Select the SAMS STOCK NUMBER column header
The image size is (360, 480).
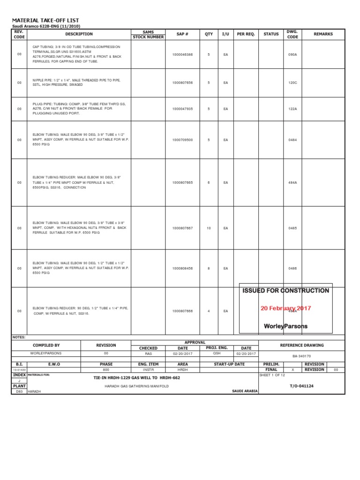pos(148,34)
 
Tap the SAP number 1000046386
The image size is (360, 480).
pos(182,55)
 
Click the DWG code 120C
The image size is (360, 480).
pos(292,82)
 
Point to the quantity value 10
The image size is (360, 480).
pos(209,228)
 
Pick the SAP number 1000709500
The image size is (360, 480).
pos(182,140)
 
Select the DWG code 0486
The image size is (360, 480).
pos(292,269)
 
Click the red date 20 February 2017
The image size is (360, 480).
pos(285,308)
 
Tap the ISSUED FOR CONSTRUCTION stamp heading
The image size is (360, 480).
pos(285,291)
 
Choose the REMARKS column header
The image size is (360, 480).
pos(323,34)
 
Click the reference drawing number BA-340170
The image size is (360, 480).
pos(301,356)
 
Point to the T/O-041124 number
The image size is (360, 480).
pos(301,386)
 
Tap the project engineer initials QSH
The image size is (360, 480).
pos(217,353)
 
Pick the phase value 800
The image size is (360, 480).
pos(106,369)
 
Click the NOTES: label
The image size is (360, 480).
pos(19,337)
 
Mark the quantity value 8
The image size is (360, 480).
pos(209,269)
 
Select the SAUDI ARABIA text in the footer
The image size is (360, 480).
pos(245,390)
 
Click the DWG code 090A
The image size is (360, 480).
pos(292,55)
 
